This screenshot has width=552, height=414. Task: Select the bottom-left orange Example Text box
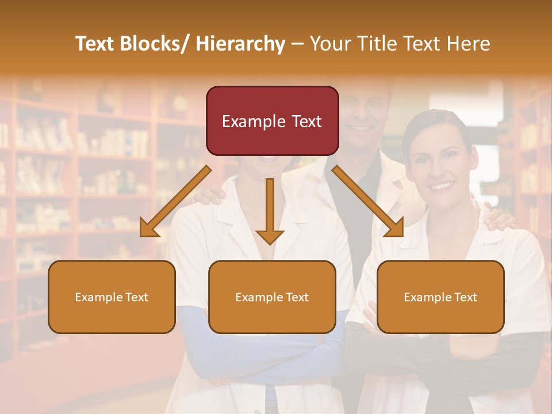click(112, 297)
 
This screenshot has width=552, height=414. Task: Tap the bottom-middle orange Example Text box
click(272, 297)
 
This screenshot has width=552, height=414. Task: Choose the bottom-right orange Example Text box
click(440, 297)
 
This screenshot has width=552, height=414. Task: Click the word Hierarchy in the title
click(240, 44)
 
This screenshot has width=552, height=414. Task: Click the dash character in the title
click(297, 44)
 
